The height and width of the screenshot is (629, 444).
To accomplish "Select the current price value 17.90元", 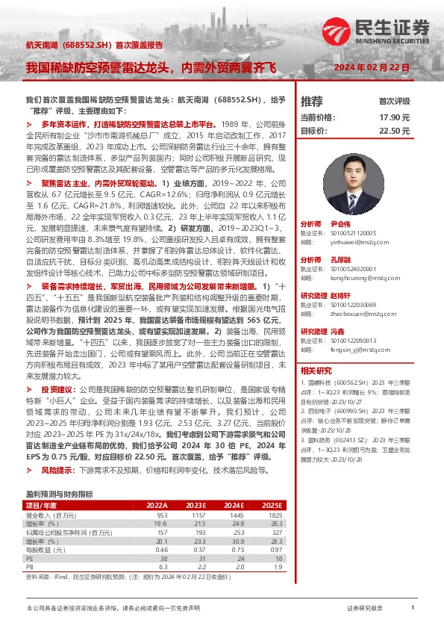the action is coord(395,117).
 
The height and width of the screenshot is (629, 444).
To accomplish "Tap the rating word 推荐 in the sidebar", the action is coord(312,101).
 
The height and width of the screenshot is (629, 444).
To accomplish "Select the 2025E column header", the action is coord(273,505).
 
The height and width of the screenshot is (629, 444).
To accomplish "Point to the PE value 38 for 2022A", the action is coord(162,558).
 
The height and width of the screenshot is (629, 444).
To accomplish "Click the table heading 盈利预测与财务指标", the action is coord(59,494).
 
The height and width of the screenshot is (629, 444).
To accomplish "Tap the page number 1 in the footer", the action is coord(413,609).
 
